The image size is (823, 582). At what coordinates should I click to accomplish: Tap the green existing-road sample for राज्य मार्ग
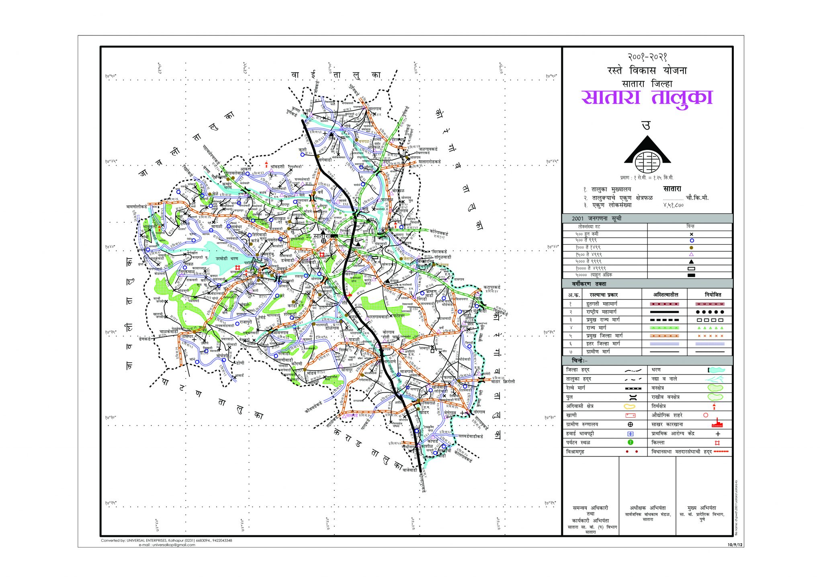pos(664,328)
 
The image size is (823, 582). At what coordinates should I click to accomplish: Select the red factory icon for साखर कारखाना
pos(717,424)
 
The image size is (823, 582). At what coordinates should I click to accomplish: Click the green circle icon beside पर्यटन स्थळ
pos(631,443)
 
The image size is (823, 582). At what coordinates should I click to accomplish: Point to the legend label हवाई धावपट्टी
pos(580,434)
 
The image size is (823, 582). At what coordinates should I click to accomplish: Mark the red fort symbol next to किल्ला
pos(717,443)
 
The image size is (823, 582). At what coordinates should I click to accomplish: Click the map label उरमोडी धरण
pos(227,258)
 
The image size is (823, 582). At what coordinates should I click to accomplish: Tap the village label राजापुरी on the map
pos(244,322)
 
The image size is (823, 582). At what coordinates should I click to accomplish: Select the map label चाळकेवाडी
pos(168,332)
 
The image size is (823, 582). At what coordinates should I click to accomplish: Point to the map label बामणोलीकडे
pos(137,206)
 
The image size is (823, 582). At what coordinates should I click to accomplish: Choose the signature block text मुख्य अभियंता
pos(702,508)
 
